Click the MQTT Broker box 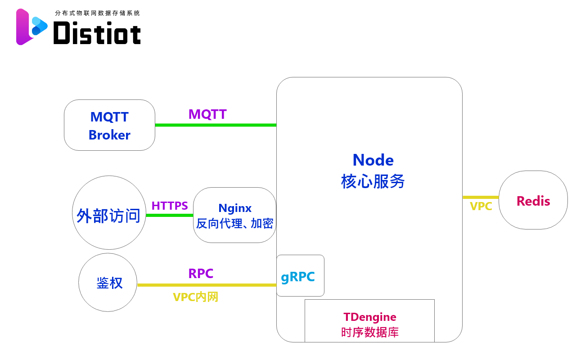click(109, 125)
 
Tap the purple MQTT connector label click(207, 114)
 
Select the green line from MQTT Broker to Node click(216, 125)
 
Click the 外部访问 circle click(109, 212)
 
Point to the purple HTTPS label click(170, 206)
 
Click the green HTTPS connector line click(170, 215)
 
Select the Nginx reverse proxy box click(234, 215)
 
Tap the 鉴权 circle click(108, 282)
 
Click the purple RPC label click(201, 274)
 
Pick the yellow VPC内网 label click(195, 297)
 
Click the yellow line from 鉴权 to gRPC click(207, 285)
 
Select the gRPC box click(300, 276)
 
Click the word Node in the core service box click(373, 160)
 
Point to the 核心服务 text click(373, 182)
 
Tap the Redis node click(533, 200)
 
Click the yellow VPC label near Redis click(481, 207)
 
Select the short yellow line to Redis click(481, 197)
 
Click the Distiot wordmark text click(97, 33)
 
